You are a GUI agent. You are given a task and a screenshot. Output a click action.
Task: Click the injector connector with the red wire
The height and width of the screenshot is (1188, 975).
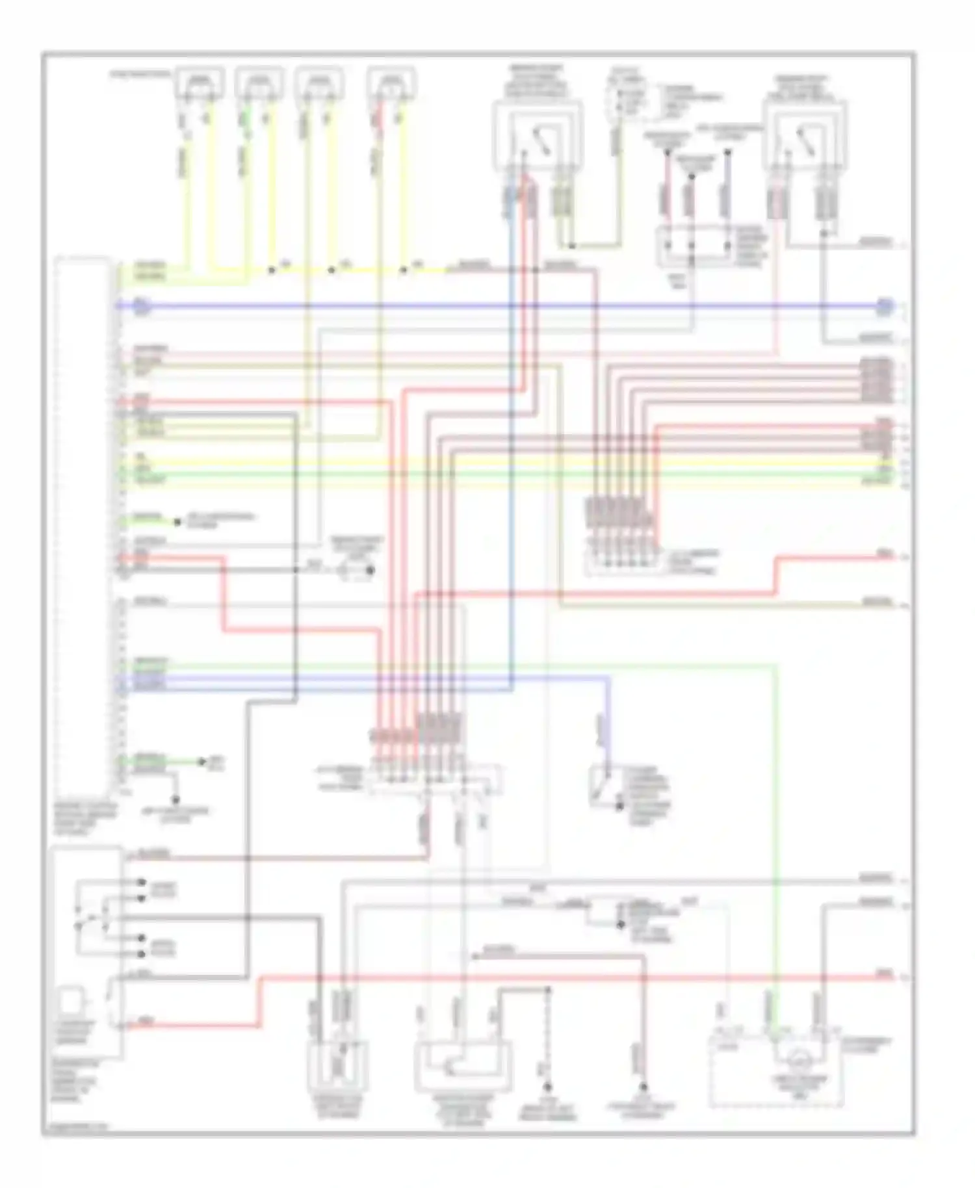pos(391,83)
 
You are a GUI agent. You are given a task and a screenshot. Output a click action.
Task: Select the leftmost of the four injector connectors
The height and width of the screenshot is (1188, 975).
pos(199,83)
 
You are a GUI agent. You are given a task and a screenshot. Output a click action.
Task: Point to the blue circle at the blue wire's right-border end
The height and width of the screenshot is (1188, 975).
pos(884,306)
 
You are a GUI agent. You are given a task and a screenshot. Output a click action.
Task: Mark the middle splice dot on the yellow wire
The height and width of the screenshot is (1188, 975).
pos(331,269)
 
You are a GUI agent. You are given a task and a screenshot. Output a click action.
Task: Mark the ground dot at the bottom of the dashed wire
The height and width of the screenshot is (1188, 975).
pos(547,1087)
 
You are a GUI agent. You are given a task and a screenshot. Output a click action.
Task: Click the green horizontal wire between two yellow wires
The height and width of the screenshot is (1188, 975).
pos(507,473)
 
